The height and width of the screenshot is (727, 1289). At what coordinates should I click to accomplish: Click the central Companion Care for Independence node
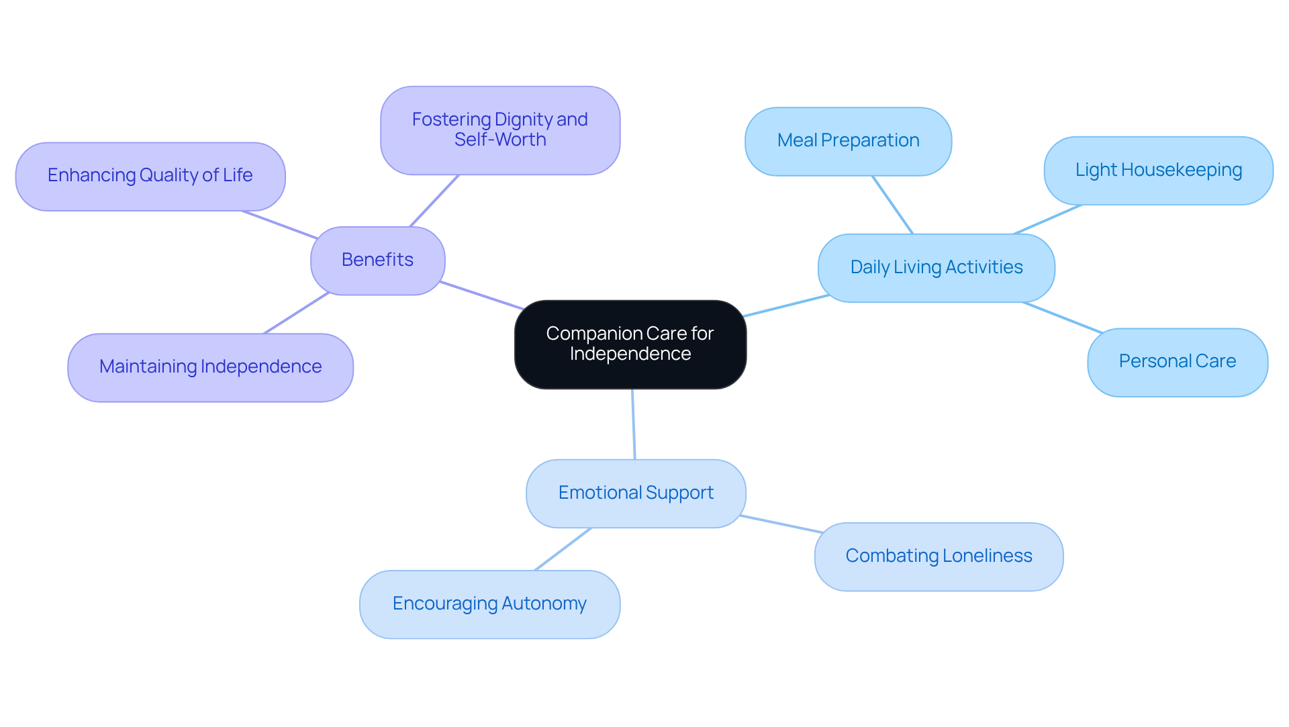(x=630, y=344)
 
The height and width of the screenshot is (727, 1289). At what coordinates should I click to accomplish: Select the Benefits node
(x=377, y=260)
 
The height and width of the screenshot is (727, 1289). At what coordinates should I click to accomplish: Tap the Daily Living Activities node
(x=936, y=268)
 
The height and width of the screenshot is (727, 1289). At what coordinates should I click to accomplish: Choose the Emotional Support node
(x=635, y=493)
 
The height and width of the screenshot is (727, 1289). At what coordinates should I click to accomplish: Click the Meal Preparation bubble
(x=848, y=141)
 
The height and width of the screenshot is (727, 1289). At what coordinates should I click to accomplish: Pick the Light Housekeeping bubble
(x=1158, y=171)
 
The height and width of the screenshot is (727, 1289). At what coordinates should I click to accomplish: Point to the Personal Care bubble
(x=1177, y=362)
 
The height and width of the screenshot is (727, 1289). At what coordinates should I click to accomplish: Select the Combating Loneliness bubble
(x=938, y=556)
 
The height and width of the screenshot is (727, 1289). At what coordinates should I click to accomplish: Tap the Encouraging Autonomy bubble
(x=489, y=604)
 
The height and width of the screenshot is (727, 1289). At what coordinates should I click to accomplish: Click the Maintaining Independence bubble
(x=210, y=367)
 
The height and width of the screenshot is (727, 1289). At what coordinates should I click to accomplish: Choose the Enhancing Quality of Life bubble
(x=150, y=176)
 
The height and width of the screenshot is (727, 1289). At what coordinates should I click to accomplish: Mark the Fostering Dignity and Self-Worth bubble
(x=499, y=130)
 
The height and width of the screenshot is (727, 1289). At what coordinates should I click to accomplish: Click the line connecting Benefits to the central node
(x=481, y=295)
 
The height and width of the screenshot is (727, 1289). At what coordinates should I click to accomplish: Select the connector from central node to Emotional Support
(x=633, y=424)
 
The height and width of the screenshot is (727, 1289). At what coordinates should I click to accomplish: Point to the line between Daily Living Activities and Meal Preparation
(x=892, y=205)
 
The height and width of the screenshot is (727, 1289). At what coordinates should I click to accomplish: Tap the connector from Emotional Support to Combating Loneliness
(x=781, y=524)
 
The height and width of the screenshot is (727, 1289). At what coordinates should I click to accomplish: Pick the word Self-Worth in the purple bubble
(x=500, y=140)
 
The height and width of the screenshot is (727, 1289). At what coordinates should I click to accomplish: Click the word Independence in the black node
(x=630, y=354)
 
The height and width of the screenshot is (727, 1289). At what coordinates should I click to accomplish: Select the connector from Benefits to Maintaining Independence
(x=296, y=313)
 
